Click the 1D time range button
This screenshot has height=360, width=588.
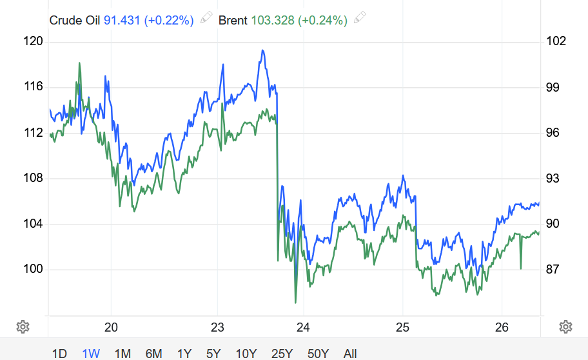point(59,353)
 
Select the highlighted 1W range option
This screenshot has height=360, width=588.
point(91,353)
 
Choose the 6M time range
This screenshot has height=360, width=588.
point(153,353)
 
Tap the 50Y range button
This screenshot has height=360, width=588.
point(318,353)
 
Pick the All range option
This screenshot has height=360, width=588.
point(350,353)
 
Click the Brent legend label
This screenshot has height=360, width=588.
point(233,20)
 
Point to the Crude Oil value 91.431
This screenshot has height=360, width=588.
point(121,20)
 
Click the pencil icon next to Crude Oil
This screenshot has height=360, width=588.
point(206,19)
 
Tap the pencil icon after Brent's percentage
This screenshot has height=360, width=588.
point(360,19)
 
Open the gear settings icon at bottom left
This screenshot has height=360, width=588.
point(23,326)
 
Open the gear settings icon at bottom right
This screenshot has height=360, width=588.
point(566,326)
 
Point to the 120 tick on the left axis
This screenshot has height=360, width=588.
point(33,41)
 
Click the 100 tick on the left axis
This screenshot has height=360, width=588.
point(33,269)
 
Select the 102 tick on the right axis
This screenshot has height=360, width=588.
point(556,41)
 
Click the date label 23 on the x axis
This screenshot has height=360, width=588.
point(217,326)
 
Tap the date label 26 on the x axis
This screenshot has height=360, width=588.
point(502,326)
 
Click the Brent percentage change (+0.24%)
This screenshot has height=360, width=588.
point(323,20)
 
